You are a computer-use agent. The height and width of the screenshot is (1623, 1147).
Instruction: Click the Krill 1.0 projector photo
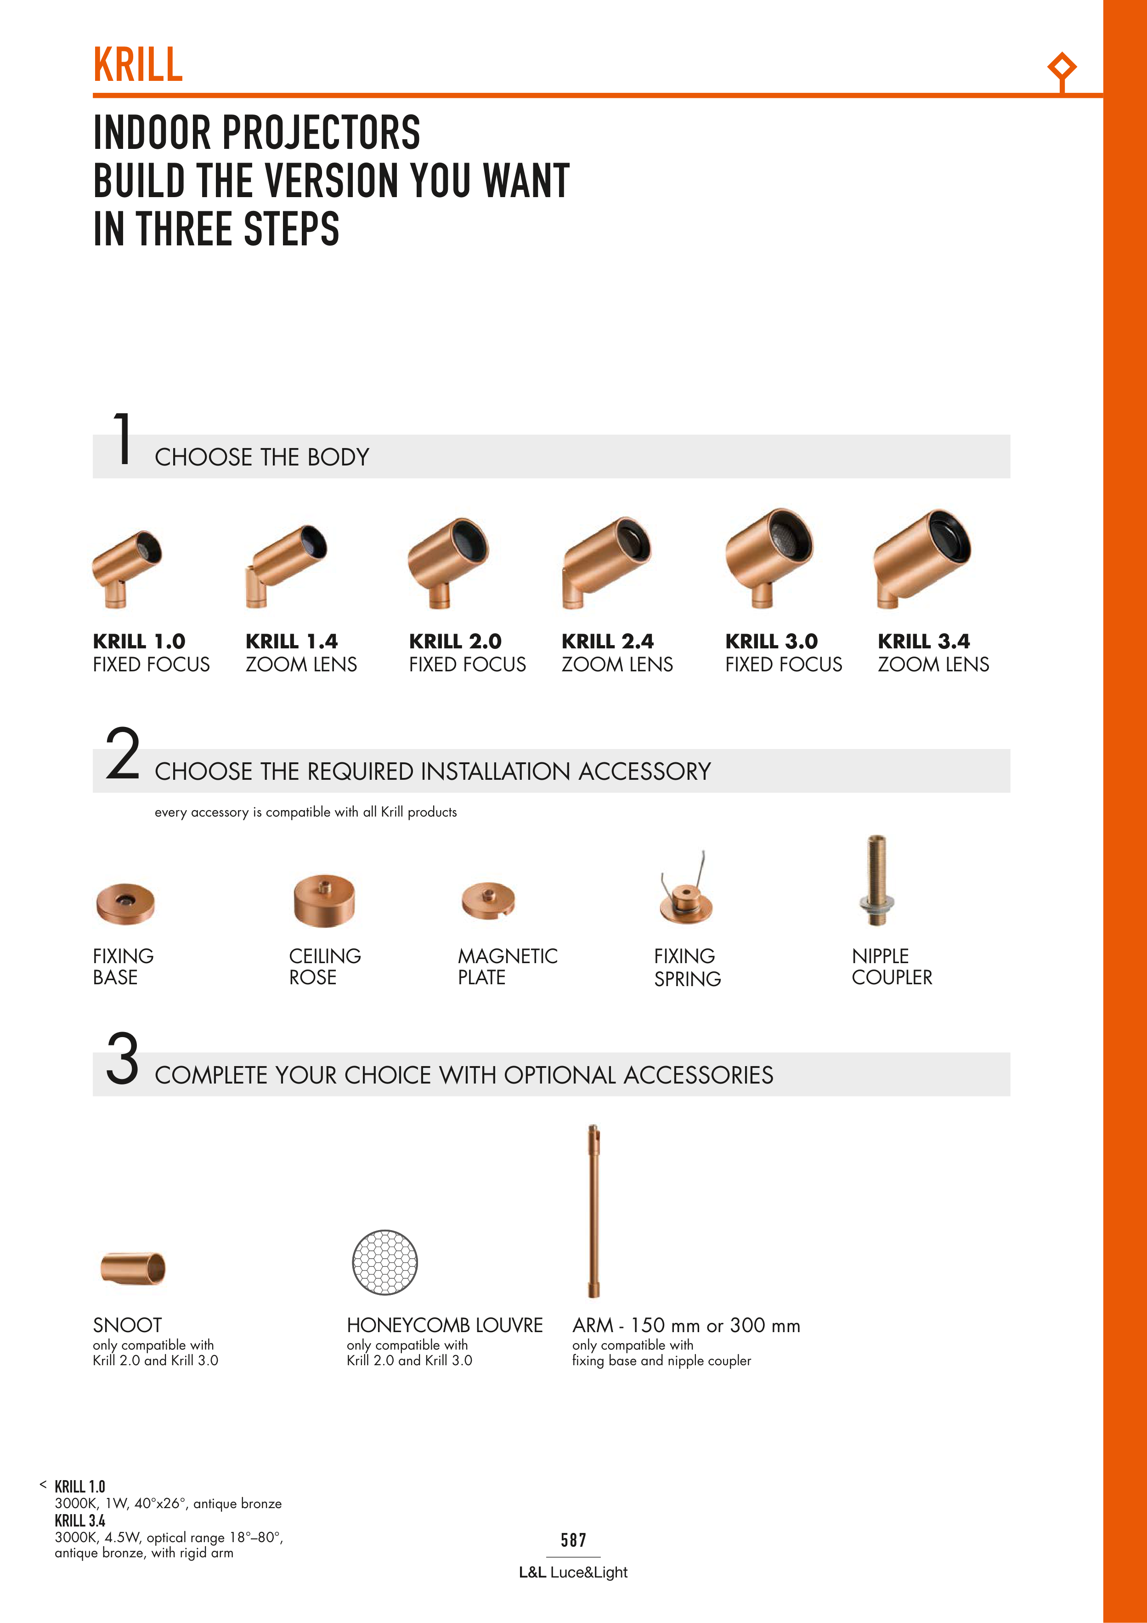[127, 569]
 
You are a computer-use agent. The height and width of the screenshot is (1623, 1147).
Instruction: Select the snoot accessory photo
[133, 1267]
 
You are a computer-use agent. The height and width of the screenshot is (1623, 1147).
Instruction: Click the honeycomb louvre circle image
[384, 1262]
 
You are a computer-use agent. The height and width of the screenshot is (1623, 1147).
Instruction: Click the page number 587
[573, 1540]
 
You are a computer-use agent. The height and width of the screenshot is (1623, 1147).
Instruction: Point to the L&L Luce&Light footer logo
[573, 1572]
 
